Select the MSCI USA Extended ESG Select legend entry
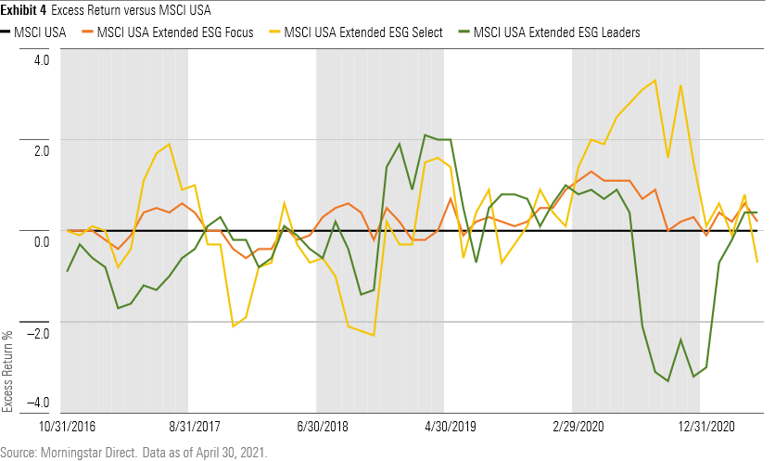pyautogui.click(x=359, y=32)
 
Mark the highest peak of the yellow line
pyautogui.click(x=655, y=81)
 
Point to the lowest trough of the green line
pyautogui.click(x=667, y=381)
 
